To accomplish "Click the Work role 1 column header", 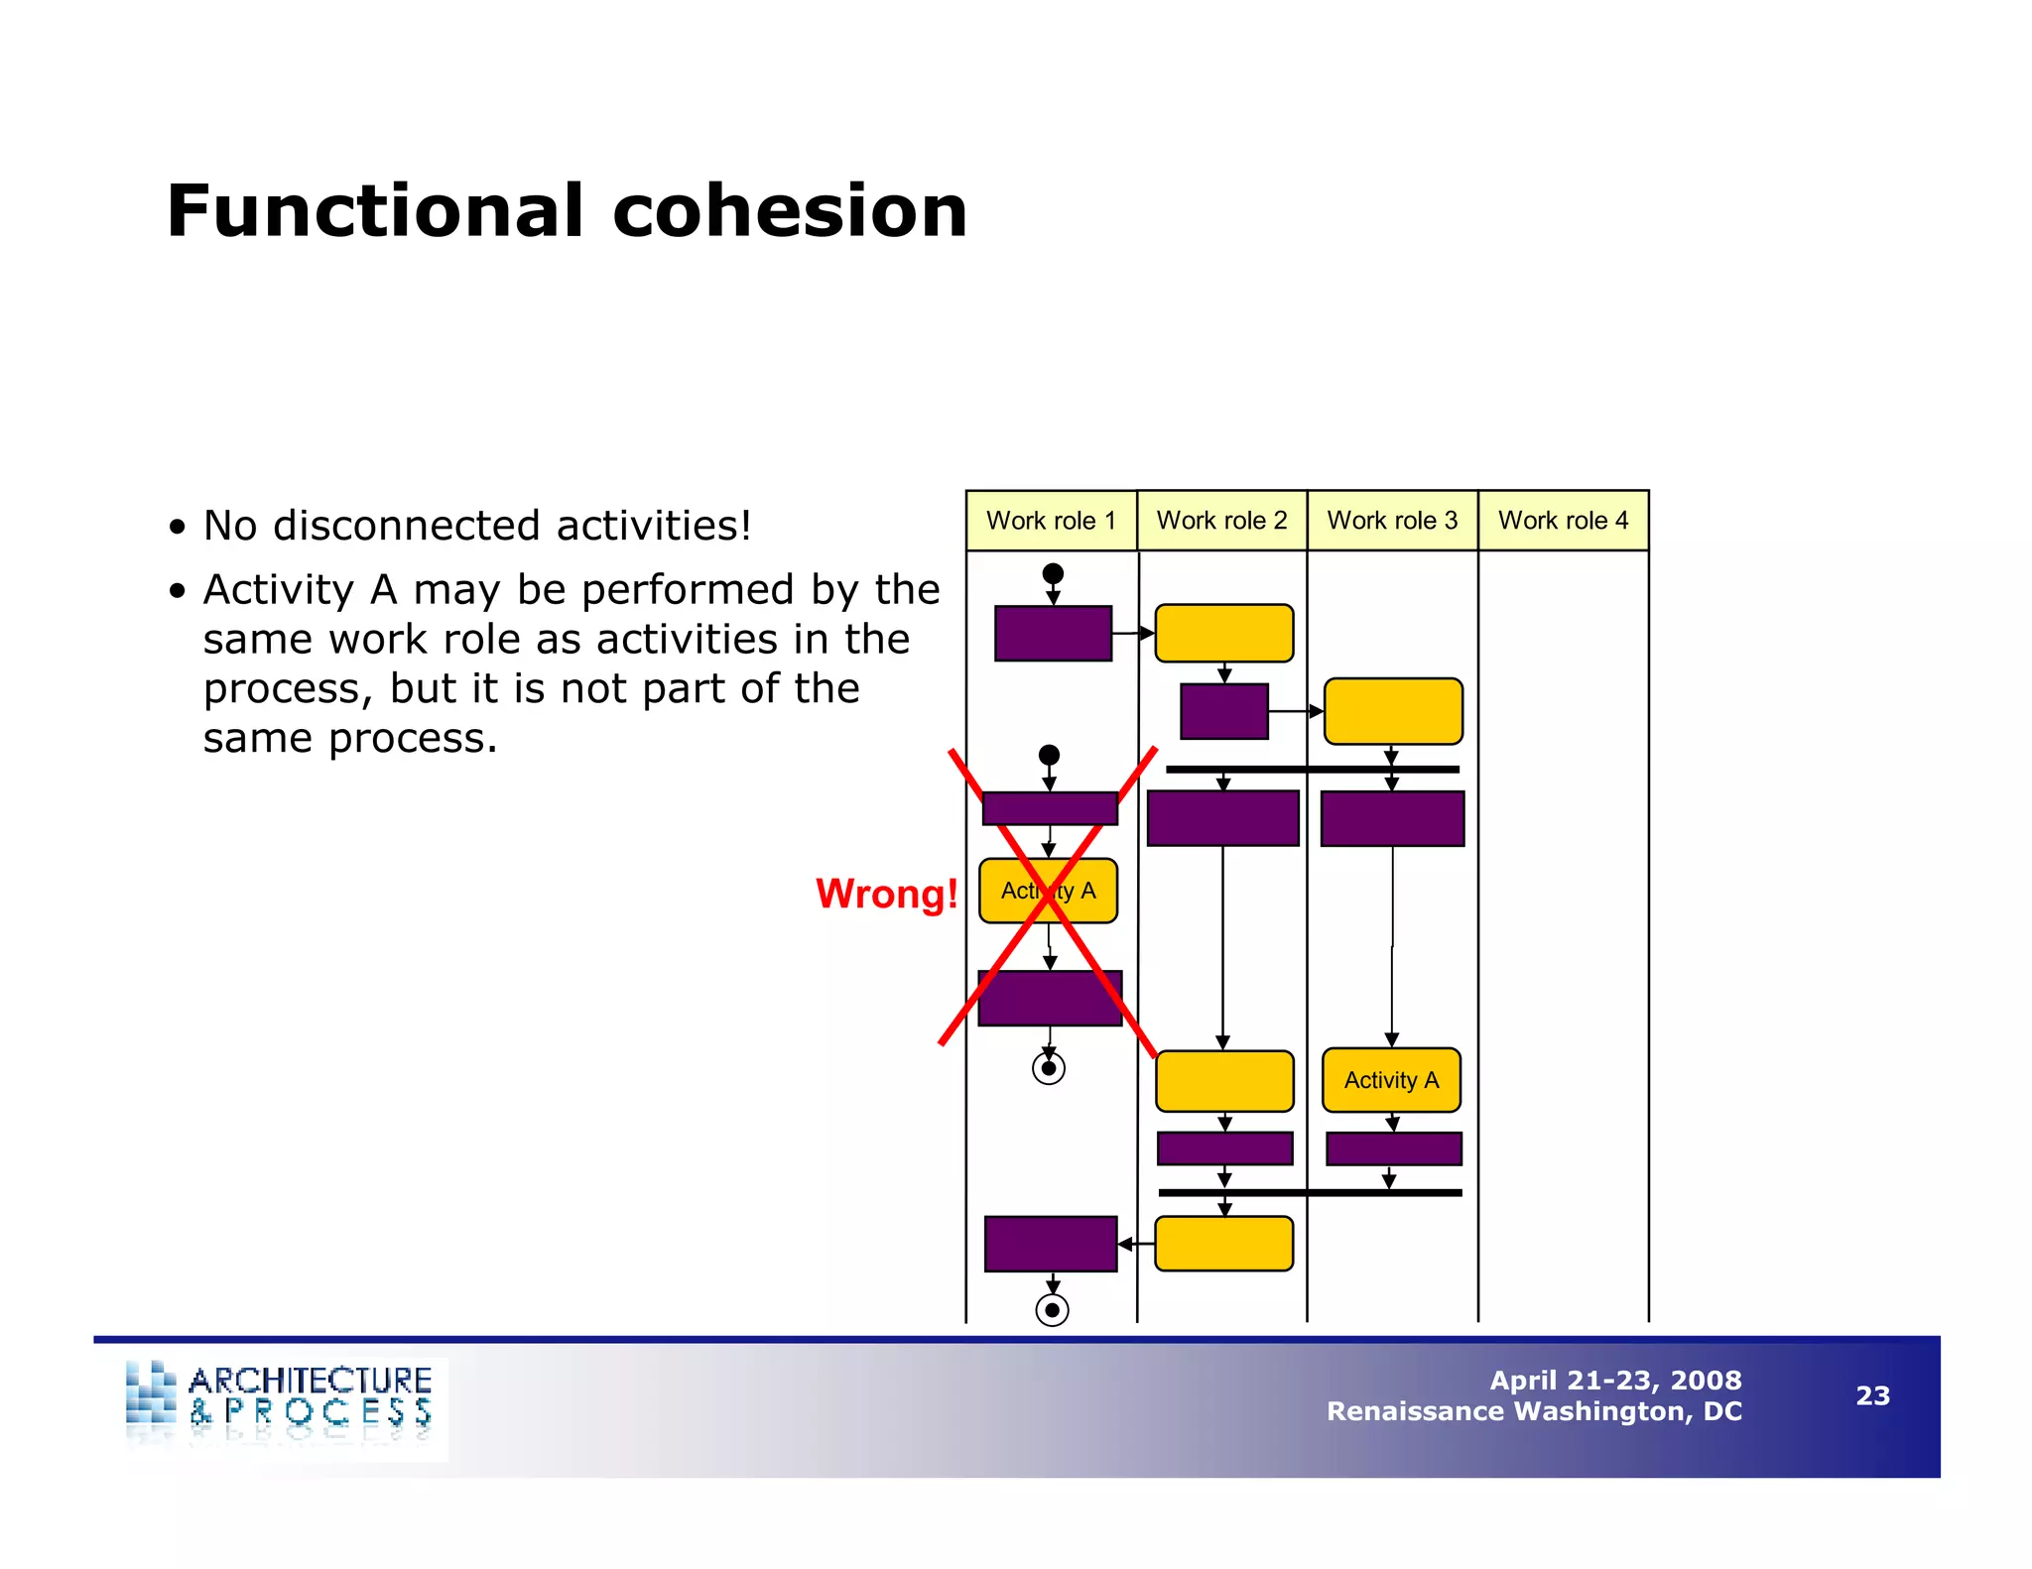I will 1051,521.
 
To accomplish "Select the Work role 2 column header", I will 1221,521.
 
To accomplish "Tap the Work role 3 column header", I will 1392,521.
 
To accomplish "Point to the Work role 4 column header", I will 1563,521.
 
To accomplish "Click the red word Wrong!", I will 886,894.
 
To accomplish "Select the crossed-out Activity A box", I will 1048,891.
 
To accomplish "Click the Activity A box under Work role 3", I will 1391,1080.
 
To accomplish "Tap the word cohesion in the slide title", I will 789,211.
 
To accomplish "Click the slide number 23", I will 1872,1395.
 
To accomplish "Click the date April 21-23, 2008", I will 1615,1380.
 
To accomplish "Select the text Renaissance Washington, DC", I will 1534,1411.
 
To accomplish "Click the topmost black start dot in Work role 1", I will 1053,573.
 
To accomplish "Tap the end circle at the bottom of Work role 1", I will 1052,1310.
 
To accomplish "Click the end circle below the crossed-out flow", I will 1049,1068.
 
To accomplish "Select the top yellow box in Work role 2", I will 1223,633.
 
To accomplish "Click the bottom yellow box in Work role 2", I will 1223,1244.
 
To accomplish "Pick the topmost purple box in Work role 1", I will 1053,633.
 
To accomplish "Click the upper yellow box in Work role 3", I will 1393,711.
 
